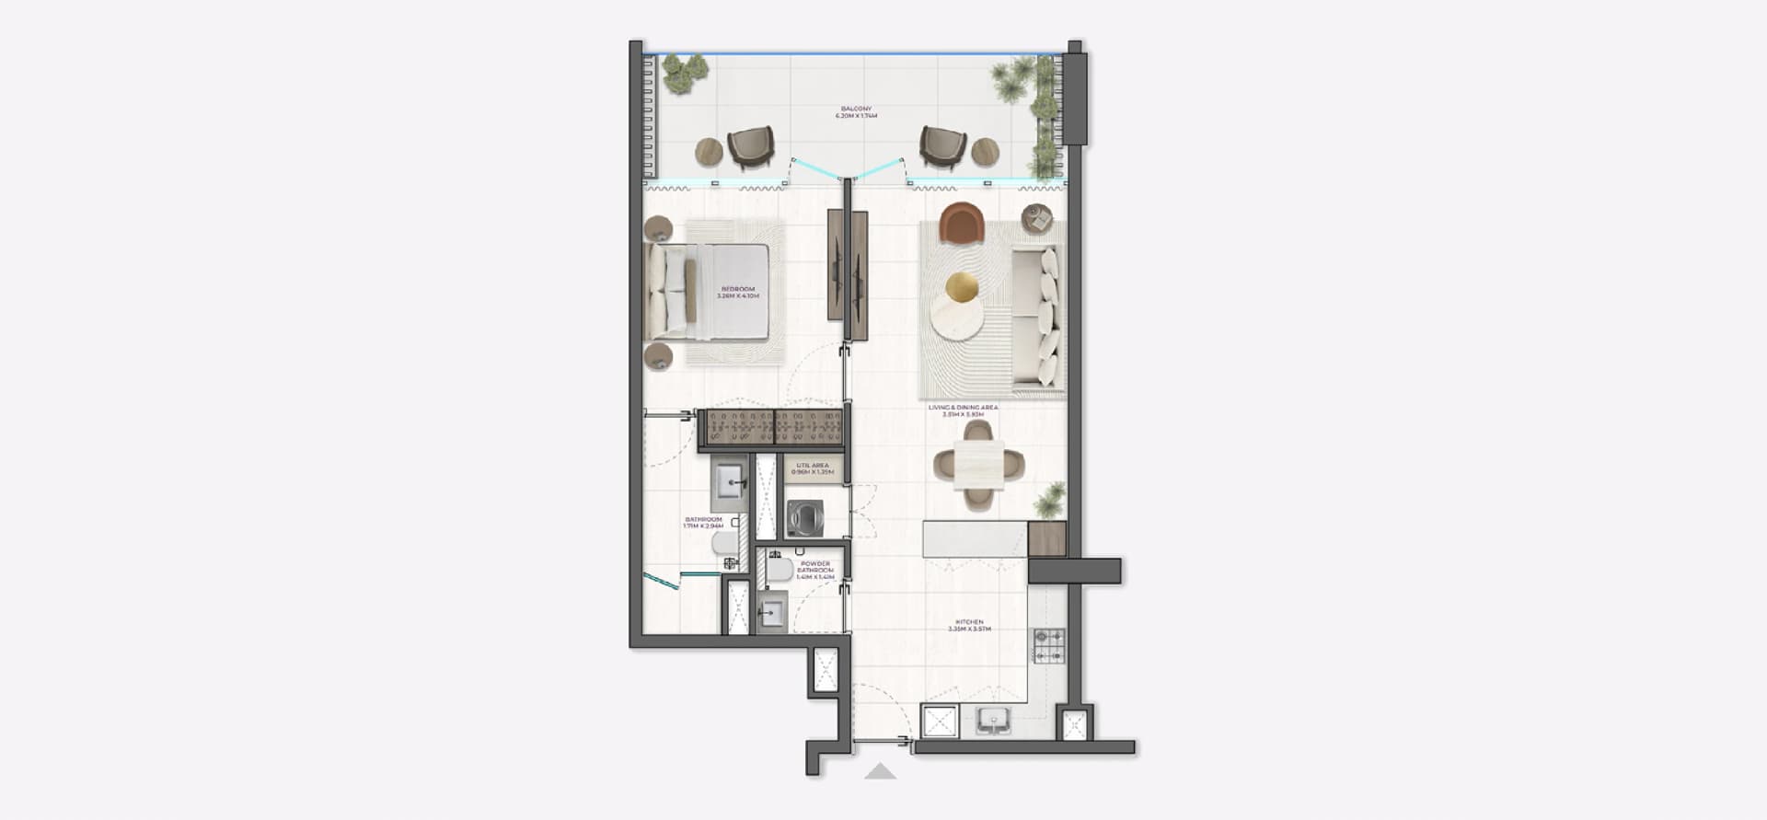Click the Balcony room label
pos(856,112)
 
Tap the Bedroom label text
pos(738,293)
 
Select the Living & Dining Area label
pos(963,410)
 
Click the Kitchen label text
pos(969,626)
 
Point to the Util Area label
pos(814,468)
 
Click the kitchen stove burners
pos(1048,645)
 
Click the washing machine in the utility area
pos(806,518)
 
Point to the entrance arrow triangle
pos(881,771)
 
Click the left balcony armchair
pos(751,147)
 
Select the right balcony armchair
pos(943,147)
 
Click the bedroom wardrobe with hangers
pos(773,428)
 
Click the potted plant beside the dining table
pos(1048,502)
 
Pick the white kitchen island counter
pos(975,539)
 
